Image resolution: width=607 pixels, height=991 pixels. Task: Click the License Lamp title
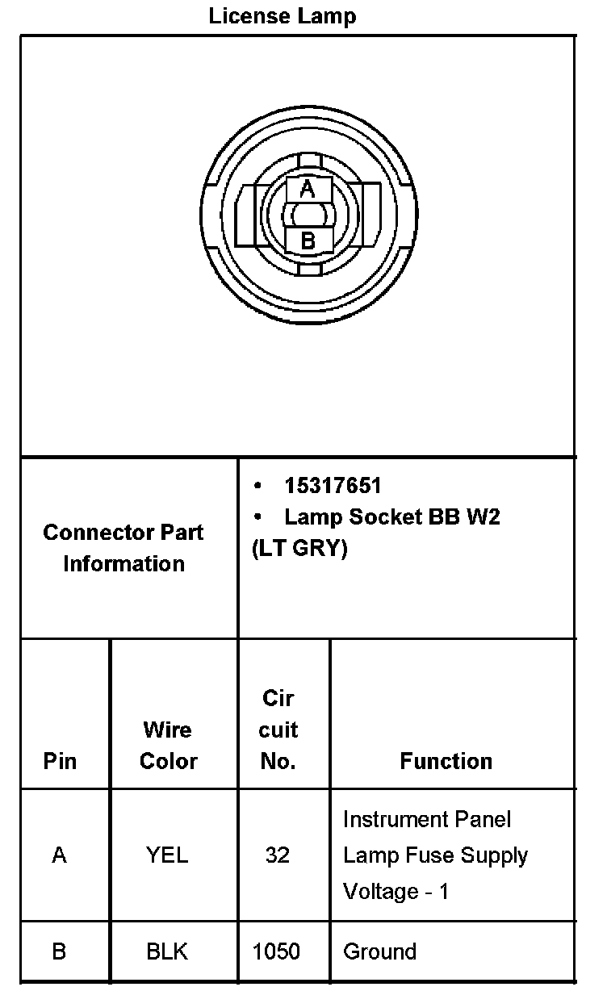tap(283, 16)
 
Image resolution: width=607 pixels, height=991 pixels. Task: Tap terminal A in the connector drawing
tap(307, 190)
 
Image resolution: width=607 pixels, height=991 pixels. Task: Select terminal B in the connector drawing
tap(308, 240)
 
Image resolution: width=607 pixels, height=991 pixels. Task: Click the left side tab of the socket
tap(249, 215)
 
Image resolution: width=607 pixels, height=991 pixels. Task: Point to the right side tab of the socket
tap(368, 215)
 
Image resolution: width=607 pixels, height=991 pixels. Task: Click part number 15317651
tap(333, 486)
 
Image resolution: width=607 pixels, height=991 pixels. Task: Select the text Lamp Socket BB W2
tap(392, 517)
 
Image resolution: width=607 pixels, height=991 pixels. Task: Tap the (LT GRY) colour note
tap(299, 549)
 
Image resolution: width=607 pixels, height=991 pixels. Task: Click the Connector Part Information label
tap(123, 548)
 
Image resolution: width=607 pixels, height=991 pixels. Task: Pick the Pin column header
tap(60, 761)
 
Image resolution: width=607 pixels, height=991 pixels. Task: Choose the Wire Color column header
tap(168, 746)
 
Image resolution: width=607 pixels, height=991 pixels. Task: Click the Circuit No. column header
tap(278, 730)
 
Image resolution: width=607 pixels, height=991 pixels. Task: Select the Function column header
tap(446, 761)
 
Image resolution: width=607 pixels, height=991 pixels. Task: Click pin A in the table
tap(60, 855)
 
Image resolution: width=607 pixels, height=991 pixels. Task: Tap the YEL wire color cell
tap(167, 855)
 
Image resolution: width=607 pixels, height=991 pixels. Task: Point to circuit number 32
tap(278, 855)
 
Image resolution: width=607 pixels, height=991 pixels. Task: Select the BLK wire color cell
tap(167, 951)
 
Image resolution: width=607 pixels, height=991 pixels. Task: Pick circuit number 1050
tap(277, 951)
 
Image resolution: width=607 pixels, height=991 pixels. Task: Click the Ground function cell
tap(380, 951)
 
